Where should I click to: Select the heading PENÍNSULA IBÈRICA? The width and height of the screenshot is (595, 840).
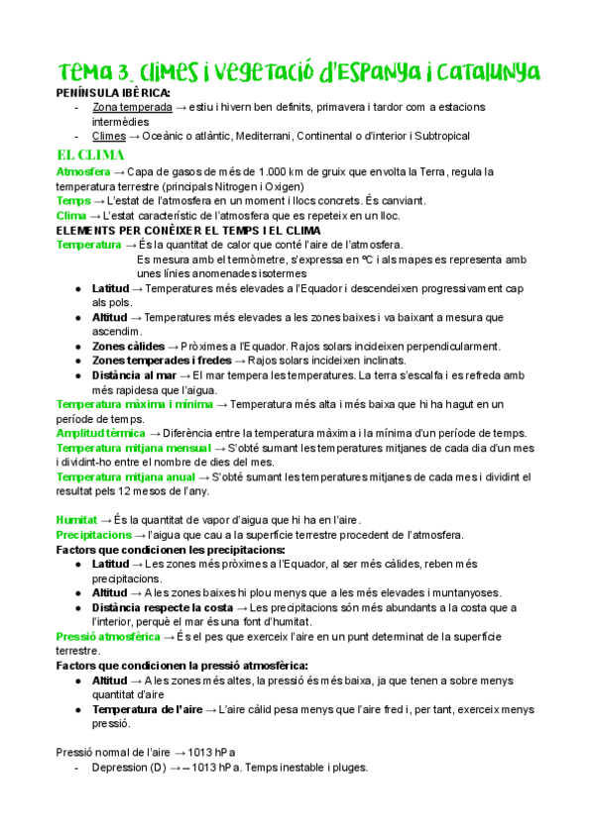(x=113, y=93)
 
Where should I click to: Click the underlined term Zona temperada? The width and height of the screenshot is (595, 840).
(x=131, y=107)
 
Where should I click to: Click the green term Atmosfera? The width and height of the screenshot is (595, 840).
(x=83, y=171)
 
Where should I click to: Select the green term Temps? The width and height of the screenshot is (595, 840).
(x=74, y=200)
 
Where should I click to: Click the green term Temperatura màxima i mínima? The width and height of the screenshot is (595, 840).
(x=134, y=404)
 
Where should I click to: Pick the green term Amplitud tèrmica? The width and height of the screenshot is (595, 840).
(x=101, y=433)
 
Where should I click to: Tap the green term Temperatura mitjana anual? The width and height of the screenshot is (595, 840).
(x=124, y=476)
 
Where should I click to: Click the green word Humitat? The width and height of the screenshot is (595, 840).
(x=76, y=519)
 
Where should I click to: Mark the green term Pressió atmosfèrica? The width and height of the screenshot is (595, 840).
(x=108, y=636)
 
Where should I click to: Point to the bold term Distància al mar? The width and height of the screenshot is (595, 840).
(x=134, y=375)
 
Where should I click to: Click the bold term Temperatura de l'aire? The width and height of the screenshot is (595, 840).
(x=148, y=709)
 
